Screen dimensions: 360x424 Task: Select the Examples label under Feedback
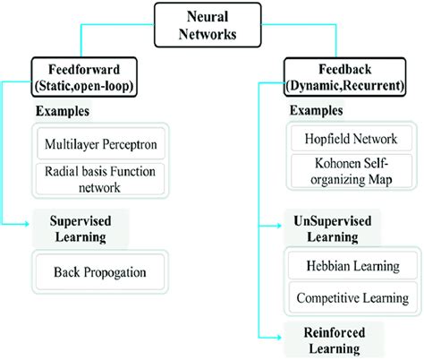click(x=317, y=111)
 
